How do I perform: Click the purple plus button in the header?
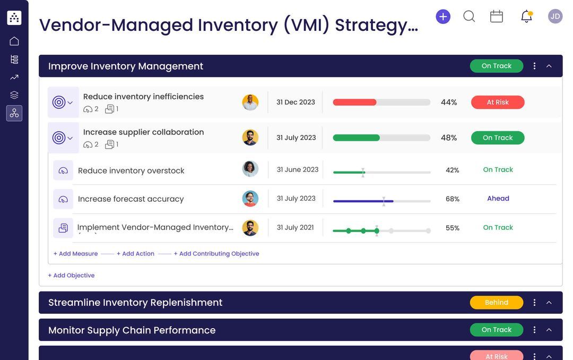443,16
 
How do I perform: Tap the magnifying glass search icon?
469,16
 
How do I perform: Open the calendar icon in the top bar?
497,16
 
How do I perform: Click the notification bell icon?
526,16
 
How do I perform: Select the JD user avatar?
555,16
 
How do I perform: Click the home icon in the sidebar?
14,41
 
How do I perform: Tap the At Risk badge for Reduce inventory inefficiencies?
498,102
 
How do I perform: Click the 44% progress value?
449,102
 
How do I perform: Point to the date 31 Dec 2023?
296,102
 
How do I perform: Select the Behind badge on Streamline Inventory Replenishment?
497,303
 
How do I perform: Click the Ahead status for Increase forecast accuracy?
498,199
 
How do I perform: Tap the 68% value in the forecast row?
453,199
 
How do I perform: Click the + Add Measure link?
75,254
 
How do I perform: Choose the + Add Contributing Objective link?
216,254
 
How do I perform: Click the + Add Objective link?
71,276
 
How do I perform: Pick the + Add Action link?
135,254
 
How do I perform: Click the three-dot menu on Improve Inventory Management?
534,66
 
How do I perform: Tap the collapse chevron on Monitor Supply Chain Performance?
549,330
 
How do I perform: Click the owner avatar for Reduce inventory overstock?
250,169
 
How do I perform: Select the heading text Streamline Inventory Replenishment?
135,303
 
